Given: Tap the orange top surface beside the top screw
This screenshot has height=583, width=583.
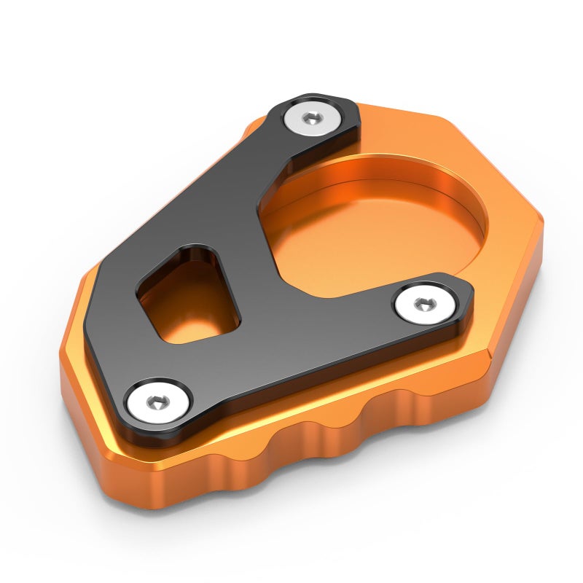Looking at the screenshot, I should pos(394,128).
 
